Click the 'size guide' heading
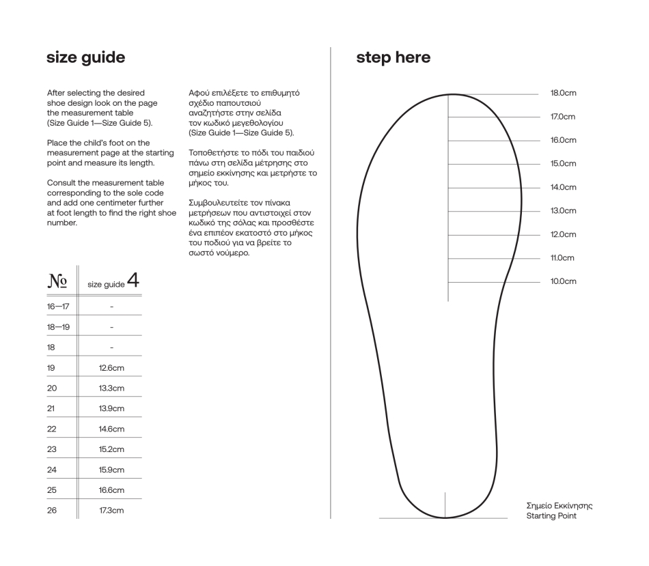tap(85, 57)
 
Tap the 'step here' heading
tap(393, 57)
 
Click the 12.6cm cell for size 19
tap(111, 368)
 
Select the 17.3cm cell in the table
tap(111, 510)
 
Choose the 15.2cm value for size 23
tap(111, 449)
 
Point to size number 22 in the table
tap(52, 429)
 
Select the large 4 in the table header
tap(133, 280)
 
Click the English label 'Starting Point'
tap(551, 516)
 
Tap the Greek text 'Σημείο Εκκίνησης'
tap(559, 506)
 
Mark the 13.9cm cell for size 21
tap(111, 408)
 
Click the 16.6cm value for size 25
tap(111, 490)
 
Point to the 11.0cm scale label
tap(562, 257)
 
